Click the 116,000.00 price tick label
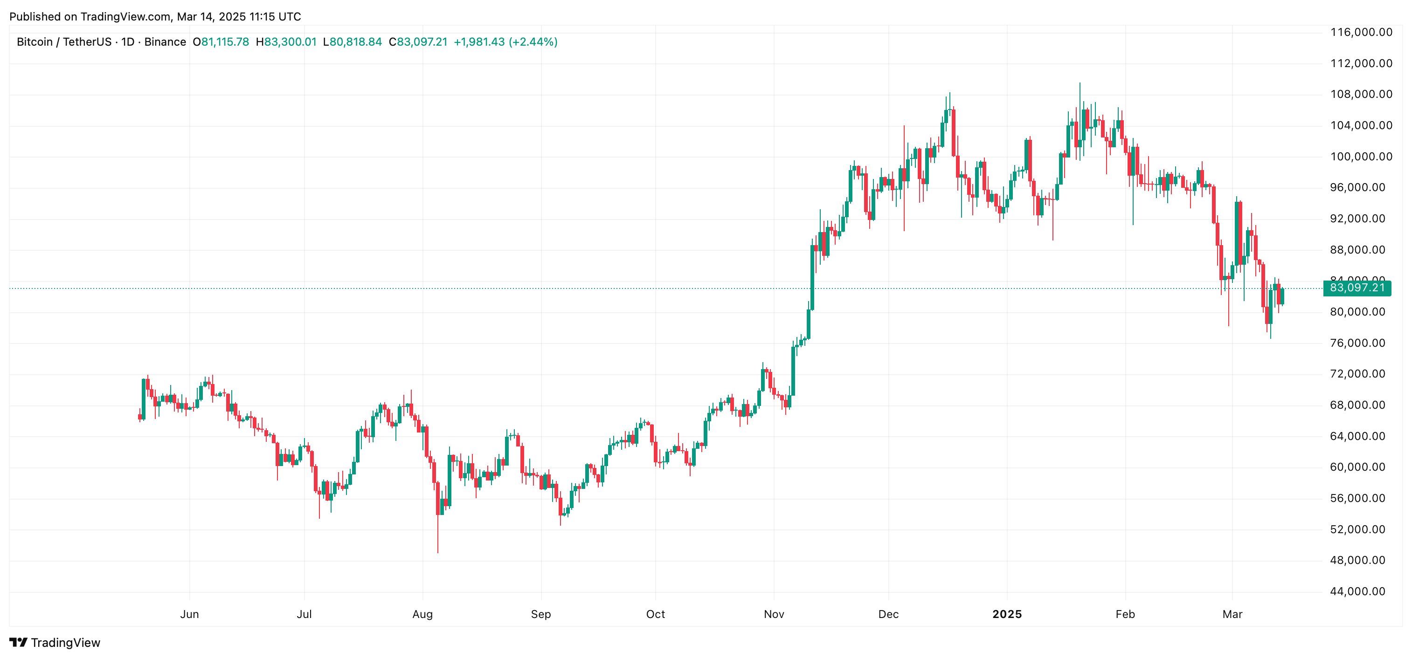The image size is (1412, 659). click(x=1361, y=32)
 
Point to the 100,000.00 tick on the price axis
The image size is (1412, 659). click(x=1361, y=157)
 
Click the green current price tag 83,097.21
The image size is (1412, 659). click(x=1357, y=288)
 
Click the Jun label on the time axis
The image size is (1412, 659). click(x=190, y=614)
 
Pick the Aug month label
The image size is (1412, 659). click(x=422, y=614)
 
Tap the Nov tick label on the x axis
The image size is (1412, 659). click(x=774, y=614)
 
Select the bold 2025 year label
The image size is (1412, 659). click(x=1007, y=614)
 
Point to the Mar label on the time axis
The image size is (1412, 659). click(x=1232, y=614)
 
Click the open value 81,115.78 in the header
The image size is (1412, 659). click(x=225, y=42)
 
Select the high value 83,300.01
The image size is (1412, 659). click(x=290, y=42)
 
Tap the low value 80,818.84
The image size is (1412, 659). click(x=355, y=42)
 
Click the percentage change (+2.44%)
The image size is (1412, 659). click(x=533, y=42)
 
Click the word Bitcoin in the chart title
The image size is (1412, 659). click(x=35, y=42)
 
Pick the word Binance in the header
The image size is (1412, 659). click(x=165, y=42)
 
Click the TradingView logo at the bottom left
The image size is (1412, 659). click(x=55, y=643)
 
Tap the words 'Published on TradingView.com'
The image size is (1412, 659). click(x=90, y=17)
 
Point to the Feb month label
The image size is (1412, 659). click(x=1125, y=614)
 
